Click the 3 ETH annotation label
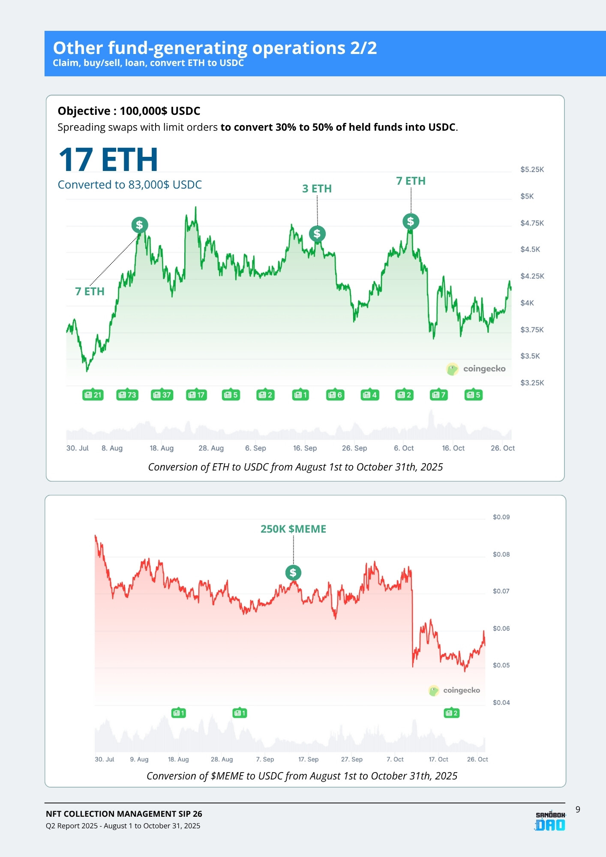pos(317,189)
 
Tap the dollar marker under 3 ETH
pos(317,234)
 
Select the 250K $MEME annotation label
pos(293,529)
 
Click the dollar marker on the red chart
pos(293,572)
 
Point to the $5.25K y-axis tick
pos(532,170)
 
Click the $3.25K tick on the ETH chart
pos(532,383)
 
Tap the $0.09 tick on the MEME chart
pos(501,517)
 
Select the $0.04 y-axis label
pos(501,702)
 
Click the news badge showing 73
pos(127,395)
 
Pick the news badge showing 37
pos(162,395)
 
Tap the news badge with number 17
pos(197,395)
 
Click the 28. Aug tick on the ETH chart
pos(211,448)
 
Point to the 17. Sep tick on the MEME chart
pos(308,759)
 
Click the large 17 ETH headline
pos(108,160)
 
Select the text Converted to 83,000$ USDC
pos(129,185)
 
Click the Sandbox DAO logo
pos(550,821)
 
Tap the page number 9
pos(578,809)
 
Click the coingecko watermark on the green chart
pos(476,369)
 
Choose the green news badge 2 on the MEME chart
pos(451,713)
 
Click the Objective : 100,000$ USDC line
pos(129,111)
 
